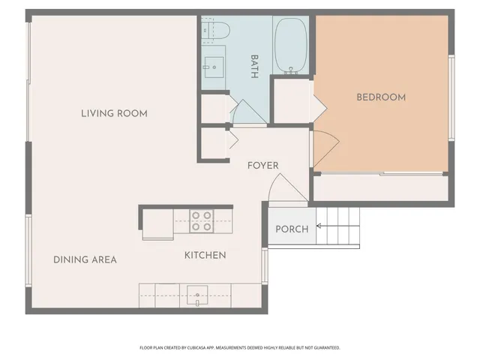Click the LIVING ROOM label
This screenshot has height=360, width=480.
pyautogui.click(x=114, y=113)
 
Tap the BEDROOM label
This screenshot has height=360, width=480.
pyautogui.click(x=381, y=97)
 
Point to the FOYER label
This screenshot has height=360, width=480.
pyautogui.click(x=262, y=166)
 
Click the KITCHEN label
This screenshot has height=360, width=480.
pyautogui.click(x=205, y=256)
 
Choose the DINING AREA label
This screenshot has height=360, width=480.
pyautogui.click(x=85, y=259)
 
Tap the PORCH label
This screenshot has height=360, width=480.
pyautogui.click(x=292, y=229)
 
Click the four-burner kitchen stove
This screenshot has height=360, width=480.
pyautogui.click(x=201, y=220)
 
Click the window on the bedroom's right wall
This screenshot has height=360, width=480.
pyautogui.click(x=451, y=97)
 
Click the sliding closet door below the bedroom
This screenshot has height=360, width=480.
pyautogui.click(x=381, y=175)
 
